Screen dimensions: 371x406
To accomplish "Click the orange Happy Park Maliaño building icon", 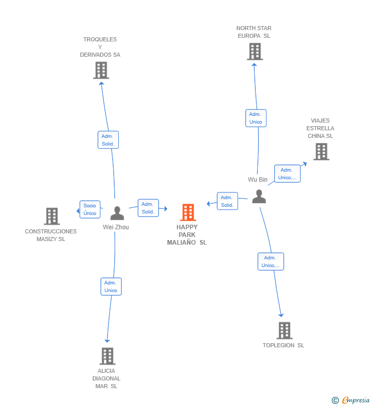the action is coord(188,212).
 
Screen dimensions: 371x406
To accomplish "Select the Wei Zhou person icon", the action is coord(117,213).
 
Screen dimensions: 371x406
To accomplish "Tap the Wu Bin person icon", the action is coord(259,196).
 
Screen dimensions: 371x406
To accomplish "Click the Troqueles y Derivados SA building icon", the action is coord(101,70).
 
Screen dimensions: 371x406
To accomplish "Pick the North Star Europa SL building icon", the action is coord(255,52).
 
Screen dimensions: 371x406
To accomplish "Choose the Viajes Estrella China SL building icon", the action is coord(321,152).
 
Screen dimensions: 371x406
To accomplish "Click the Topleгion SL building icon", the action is coord(284,330).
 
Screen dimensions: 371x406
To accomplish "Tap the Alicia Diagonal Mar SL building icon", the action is coord(107,356).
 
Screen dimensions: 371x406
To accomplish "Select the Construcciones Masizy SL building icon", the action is coord(51,216).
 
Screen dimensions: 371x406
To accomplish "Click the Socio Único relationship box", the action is coord(90,209).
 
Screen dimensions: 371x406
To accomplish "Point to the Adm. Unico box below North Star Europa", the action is coord(256,118).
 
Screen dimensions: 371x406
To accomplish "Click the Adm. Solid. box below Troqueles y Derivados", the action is coord(108,140).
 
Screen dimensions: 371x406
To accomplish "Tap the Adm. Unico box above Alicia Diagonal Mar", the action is coord(111,286).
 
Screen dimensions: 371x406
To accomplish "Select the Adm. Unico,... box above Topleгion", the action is coord(271,261).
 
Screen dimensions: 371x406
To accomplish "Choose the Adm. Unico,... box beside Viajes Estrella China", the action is coord(287,174).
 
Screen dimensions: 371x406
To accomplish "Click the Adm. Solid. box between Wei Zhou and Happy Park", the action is coord(148,208).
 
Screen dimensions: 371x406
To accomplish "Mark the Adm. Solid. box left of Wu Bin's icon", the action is coord(227,201).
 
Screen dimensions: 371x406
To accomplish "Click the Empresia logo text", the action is coord(356,400).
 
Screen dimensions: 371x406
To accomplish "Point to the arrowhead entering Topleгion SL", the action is coord(281,315).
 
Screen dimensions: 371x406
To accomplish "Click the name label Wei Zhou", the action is coord(116,227).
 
